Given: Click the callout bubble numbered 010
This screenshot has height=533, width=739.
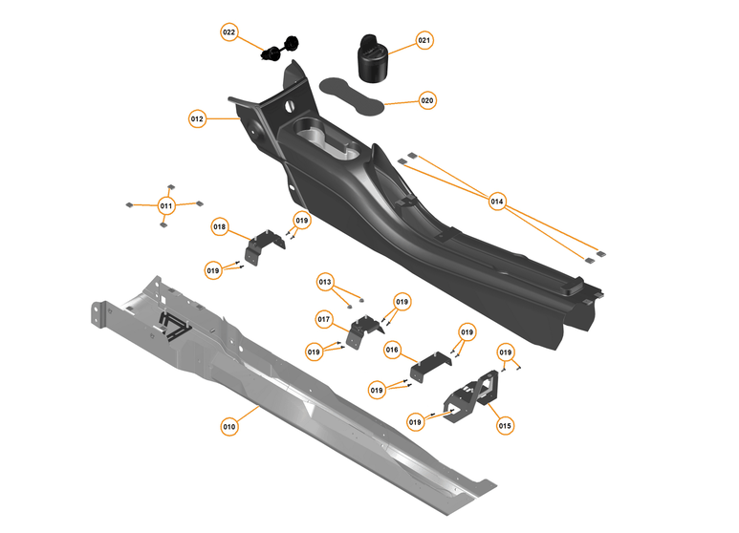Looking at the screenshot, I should click(228, 427).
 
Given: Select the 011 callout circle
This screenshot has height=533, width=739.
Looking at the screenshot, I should click(165, 205).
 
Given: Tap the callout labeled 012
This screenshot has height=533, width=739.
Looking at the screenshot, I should click(197, 119).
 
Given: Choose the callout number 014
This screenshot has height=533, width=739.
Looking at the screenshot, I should click(497, 202).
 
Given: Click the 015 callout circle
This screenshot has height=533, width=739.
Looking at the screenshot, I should click(505, 425).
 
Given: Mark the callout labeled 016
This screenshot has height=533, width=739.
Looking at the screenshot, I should click(392, 351).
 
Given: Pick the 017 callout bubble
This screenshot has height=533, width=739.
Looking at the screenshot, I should click(324, 318).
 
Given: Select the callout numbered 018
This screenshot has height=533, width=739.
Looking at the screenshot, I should click(220, 227).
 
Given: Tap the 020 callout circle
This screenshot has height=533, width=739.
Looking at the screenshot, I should click(426, 100).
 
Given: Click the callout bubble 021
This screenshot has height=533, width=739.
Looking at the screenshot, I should click(424, 40).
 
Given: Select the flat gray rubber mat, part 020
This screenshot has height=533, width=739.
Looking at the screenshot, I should click(350, 93).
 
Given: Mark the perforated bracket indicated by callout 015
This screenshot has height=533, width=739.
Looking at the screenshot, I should click(469, 395).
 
